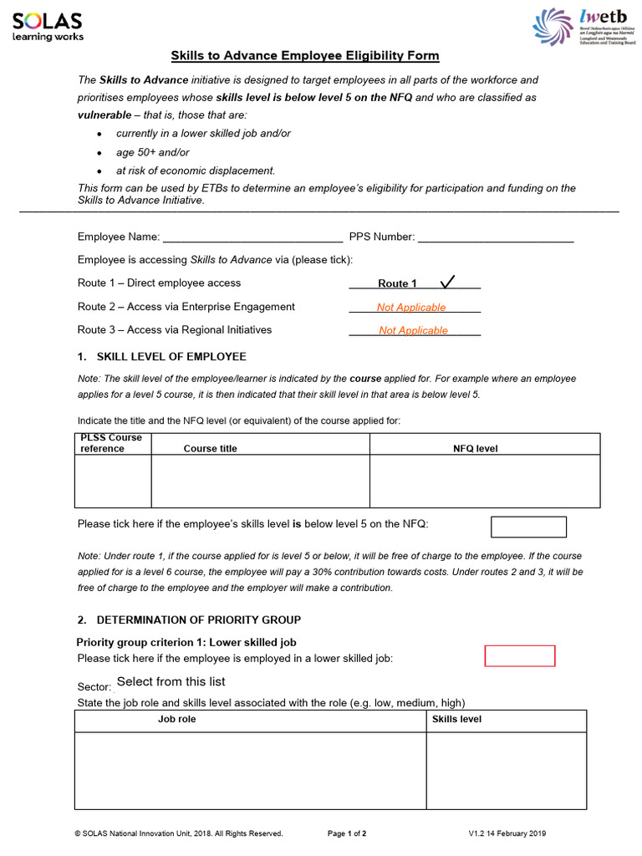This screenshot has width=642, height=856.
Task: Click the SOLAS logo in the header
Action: click(48, 26)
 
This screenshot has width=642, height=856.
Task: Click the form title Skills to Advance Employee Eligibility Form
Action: click(305, 56)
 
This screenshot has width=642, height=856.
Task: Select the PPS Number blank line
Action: click(496, 237)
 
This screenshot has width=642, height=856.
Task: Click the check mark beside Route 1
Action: click(447, 282)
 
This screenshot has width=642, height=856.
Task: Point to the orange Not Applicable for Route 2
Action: click(411, 308)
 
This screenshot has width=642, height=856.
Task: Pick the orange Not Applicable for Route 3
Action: click(413, 330)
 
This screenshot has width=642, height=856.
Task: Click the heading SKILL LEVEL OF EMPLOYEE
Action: click(171, 357)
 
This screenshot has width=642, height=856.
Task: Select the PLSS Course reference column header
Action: click(111, 443)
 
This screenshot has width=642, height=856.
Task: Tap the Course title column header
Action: click(210, 449)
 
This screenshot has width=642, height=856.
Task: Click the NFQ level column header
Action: click(475, 449)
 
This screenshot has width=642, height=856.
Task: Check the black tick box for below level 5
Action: click(527, 527)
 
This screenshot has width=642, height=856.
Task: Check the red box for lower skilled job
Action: click(520, 656)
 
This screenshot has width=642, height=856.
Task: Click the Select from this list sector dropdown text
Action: click(171, 682)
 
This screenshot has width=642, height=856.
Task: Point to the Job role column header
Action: click(177, 720)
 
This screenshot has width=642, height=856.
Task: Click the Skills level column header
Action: click(456, 720)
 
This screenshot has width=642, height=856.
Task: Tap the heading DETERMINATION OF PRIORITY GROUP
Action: click(199, 620)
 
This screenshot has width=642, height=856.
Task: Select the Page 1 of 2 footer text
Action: click(347, 833)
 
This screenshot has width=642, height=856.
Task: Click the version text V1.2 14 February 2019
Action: click(507, 833)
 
